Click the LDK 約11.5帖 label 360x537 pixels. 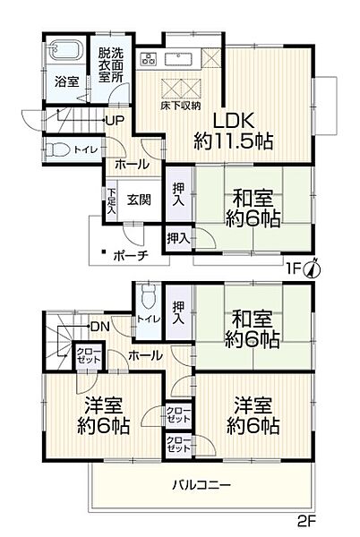[235, 131]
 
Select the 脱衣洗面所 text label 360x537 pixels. [111, 64]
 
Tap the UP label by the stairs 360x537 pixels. [115, 121]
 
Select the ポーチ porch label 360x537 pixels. [131, 254]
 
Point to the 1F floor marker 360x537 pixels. [293, 268]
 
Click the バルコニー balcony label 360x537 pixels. [201, 485]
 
